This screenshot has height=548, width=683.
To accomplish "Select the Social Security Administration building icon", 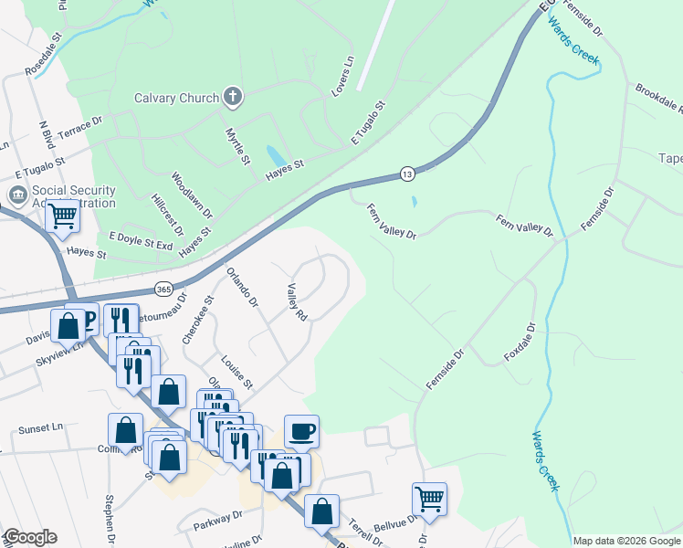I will (17, 195).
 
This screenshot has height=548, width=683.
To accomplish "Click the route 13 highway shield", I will (406, 174).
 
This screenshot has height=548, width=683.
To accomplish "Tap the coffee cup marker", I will (301, 431).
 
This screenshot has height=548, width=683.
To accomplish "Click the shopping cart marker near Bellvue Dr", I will (429, 499).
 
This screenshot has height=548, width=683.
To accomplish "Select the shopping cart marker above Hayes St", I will (62, 216).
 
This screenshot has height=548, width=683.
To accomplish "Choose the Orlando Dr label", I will (242, 287).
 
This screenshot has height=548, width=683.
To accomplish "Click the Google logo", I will (30, 537).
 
